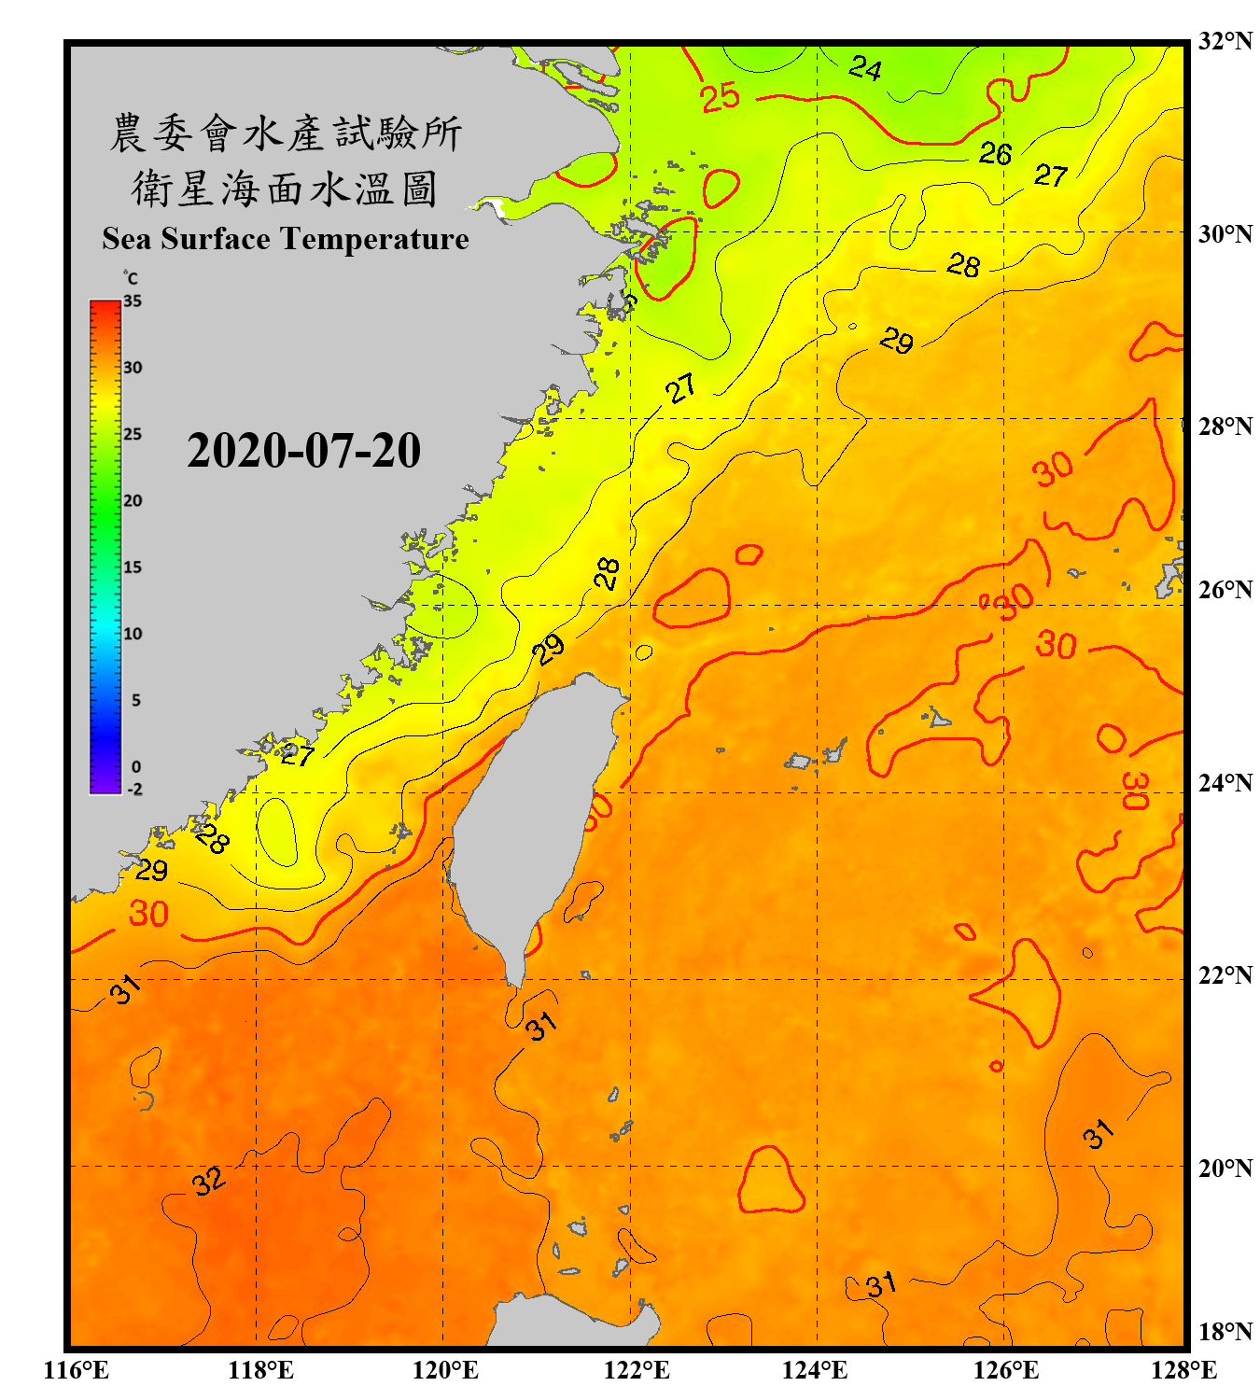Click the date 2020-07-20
pos(303,451)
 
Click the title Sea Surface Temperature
pos(286,239)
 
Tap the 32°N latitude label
pos(1225,41)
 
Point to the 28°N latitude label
pos(1225,427)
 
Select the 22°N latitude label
pos(1225,975)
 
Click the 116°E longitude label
pos(77,1370)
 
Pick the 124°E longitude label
pos(815,1370)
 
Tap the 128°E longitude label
pos(1183,1370)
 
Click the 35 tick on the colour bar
pos(133,301)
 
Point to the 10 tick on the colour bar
pos(133,634)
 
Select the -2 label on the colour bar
pos(134,789)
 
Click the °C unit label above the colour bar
pos(131,278)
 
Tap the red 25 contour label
pos(720,97)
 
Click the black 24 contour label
pos(865,68)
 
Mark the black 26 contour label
pos(995,153)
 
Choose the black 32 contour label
pos(209,1181)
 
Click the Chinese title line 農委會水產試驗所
pos(286,133)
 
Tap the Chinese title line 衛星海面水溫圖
pos(286,189)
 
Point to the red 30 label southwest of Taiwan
pos(148,913)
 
